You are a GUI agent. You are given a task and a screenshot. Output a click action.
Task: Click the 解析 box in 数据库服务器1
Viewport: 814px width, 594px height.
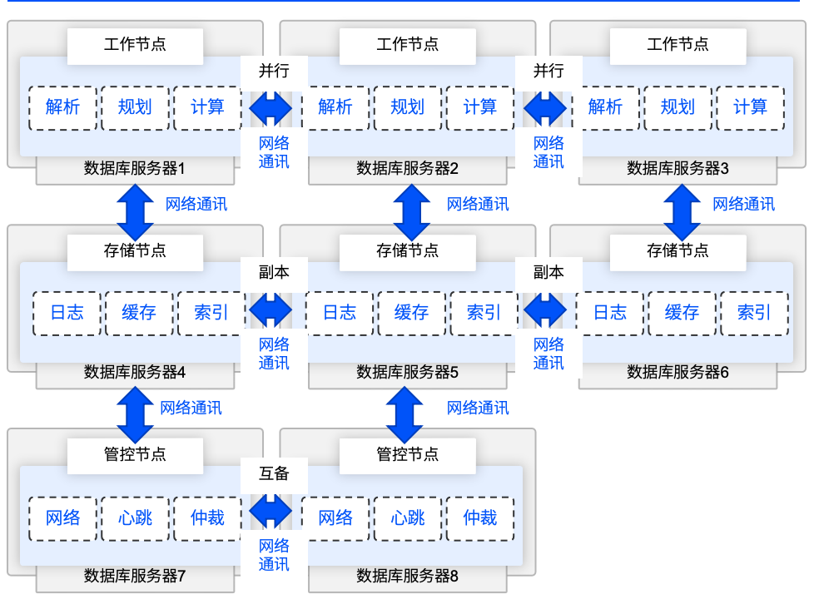point(63,107)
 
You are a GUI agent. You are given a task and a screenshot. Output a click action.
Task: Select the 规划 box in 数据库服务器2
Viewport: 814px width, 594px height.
point(407,107)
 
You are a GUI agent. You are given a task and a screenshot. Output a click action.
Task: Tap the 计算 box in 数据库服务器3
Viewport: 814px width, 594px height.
point(750,107)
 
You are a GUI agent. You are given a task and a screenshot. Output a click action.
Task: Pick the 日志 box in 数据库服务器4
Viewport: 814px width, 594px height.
point(67,313)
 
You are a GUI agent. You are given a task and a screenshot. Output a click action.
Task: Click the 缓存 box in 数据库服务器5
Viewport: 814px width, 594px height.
point(411,313)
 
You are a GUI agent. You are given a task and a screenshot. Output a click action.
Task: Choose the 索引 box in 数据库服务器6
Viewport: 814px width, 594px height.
point(754,313)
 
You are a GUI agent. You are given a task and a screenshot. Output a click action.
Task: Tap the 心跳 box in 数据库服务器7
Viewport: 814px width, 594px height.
point(135,518)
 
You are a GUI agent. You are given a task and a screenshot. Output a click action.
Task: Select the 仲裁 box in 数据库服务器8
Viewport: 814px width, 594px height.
point(480,518)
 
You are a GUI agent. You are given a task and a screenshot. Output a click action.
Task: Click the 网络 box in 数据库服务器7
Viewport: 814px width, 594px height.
point(63,518)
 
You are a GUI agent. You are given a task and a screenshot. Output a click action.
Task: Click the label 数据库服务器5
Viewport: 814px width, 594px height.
point(408,373)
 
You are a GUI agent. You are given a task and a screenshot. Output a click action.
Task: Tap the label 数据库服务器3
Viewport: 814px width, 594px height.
point(678,169)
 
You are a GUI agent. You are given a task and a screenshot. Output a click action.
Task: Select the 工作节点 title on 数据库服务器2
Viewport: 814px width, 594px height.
point(408,45)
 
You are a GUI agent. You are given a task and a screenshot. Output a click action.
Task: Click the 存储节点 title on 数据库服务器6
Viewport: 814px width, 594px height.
point(678,250)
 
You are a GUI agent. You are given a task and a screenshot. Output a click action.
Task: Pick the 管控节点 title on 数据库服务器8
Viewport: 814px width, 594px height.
point(408,454)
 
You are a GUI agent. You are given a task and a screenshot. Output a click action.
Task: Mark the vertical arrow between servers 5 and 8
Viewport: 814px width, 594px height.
point(405,415)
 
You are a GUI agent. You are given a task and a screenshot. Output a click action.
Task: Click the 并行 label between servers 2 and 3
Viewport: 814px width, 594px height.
point(548,71)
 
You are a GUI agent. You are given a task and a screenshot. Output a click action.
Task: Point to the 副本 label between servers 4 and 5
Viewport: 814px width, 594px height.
point(274,272)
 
